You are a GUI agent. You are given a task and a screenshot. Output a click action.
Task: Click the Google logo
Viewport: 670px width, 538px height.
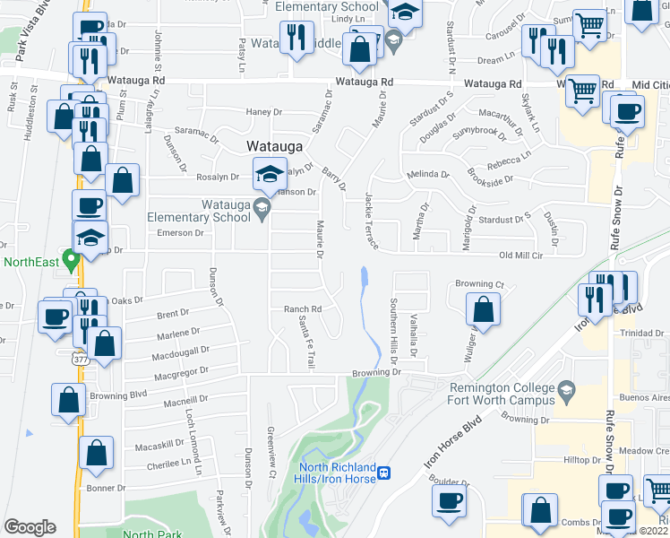pyautogui.click(x=30, y=526)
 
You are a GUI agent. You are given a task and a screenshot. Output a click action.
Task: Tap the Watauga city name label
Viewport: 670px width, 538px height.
pyautogui.click(x=274, y=145)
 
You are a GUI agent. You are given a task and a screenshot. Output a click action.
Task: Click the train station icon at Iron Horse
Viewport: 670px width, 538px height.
pyautogui.click(x=383, y=473)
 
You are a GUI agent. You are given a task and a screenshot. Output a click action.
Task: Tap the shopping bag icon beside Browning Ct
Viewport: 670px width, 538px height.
pyautogui.click(x=483, y=309)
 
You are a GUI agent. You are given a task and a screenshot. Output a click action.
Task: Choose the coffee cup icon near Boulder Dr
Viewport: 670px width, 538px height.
pyautogui.click(x=450, y=501)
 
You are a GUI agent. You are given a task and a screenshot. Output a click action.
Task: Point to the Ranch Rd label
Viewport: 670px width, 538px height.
pyautogui.click(x=302, y=309)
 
